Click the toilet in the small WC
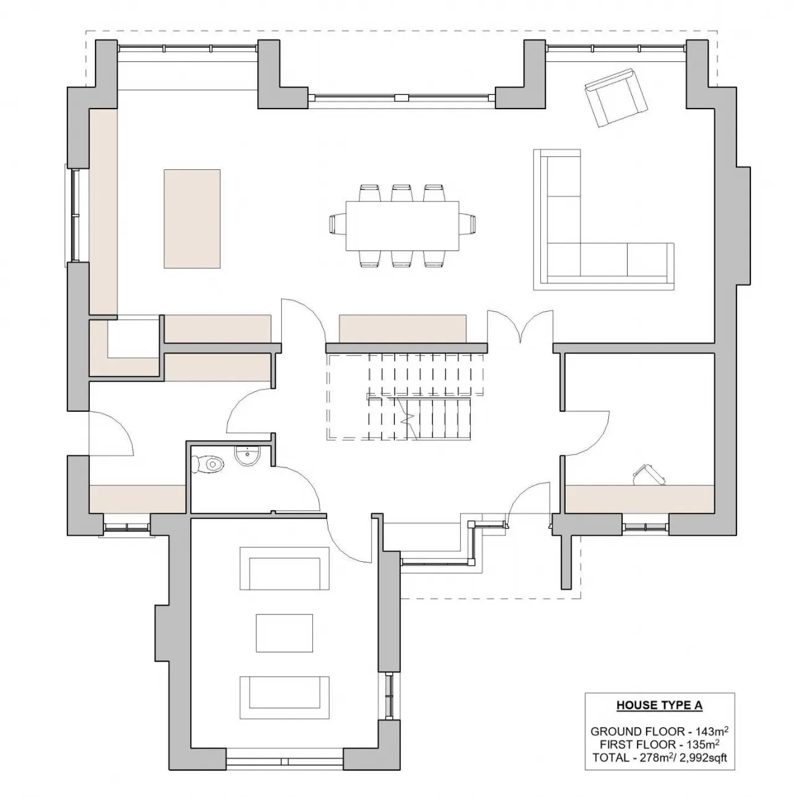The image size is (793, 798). coord(208,463)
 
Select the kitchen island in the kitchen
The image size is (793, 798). coord(192,219)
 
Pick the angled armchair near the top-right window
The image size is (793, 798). coord(614,98)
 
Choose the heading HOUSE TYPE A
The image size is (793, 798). coord(659,705)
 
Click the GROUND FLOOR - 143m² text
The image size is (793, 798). coord(659,732)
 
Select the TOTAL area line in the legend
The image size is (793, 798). coord(659,758)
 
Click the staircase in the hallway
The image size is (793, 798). coord(406,397)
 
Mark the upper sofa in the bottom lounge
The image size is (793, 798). coord(285,569)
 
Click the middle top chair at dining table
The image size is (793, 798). coord(402,193)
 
